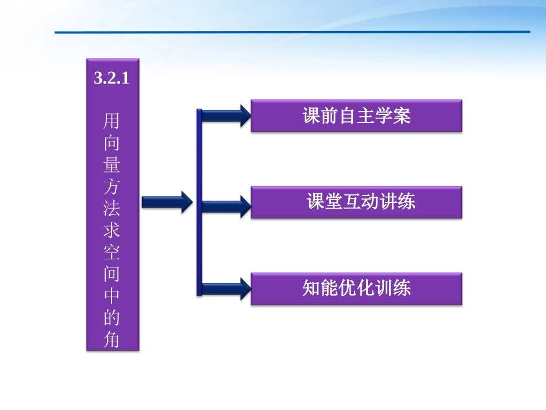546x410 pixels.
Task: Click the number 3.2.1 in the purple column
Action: click(x=111, y=79)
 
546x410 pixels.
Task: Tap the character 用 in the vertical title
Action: click(x=111, y=121)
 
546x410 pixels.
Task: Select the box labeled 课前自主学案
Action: click(x=356, y=116)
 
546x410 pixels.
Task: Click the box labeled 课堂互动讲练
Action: click(x=356, y=202)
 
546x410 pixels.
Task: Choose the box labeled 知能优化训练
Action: click(x=356, y=288)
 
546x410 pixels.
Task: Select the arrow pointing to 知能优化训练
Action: click(x=225, y=288)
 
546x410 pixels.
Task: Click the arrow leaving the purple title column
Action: click(x=167, y=202)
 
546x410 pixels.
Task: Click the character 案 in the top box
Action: click(x=403, y=116)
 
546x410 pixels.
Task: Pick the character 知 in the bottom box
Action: click(x=311, y=288)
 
